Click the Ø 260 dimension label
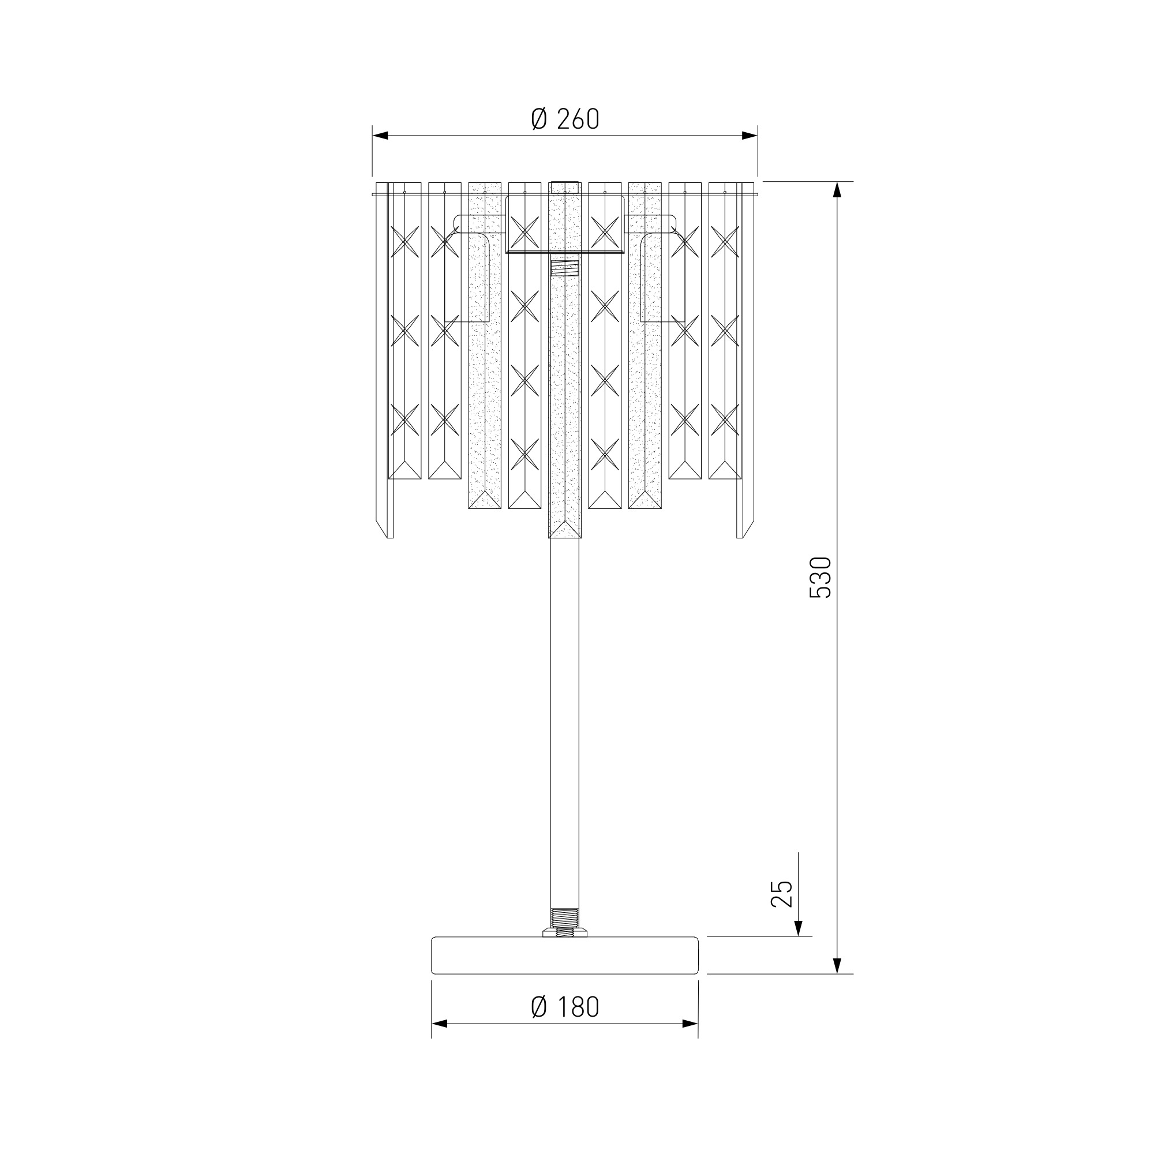click(x=564, y=119)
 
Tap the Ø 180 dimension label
click(x=564, y=1007)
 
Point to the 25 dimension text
click(x=782, y=894)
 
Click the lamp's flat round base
click(x=564, y=955)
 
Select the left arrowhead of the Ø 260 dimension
click(x=380, y=136)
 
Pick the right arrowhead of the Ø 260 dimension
click(x=750, y=136)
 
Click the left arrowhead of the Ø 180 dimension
click(x=439, y=1024)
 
